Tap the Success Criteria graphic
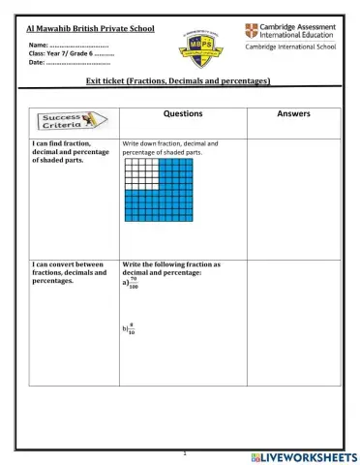coord(70,120)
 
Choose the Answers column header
coord(293,113)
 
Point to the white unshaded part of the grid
coord(140,173)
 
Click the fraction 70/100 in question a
coord(133,285)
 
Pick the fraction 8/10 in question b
coord(132,329)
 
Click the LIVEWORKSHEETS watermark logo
coord(302,455)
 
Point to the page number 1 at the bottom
coord(183,452)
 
